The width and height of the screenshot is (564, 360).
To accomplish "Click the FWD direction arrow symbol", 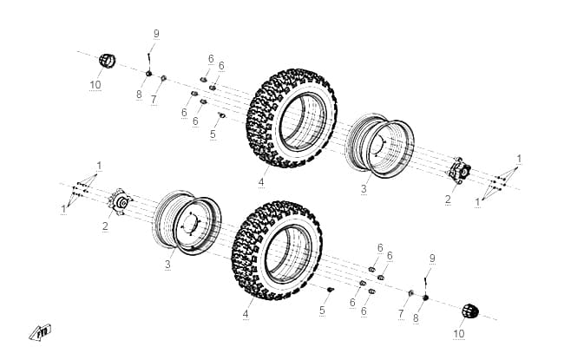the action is pyautogui.click(x=40, y=332).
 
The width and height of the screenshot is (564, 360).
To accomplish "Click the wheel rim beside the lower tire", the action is pyautogui.click(x=187, y=222).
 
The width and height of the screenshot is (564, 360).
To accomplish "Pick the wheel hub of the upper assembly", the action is pyautogui.click(x=459, y=171).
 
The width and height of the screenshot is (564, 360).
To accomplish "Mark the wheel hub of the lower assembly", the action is pyautogui.click(x=121, y=202).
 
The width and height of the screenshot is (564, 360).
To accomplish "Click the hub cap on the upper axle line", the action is pyautogui.click(x=108, y=61).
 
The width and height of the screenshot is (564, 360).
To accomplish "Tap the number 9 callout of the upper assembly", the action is pyautogui.click(x=156, y=34).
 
